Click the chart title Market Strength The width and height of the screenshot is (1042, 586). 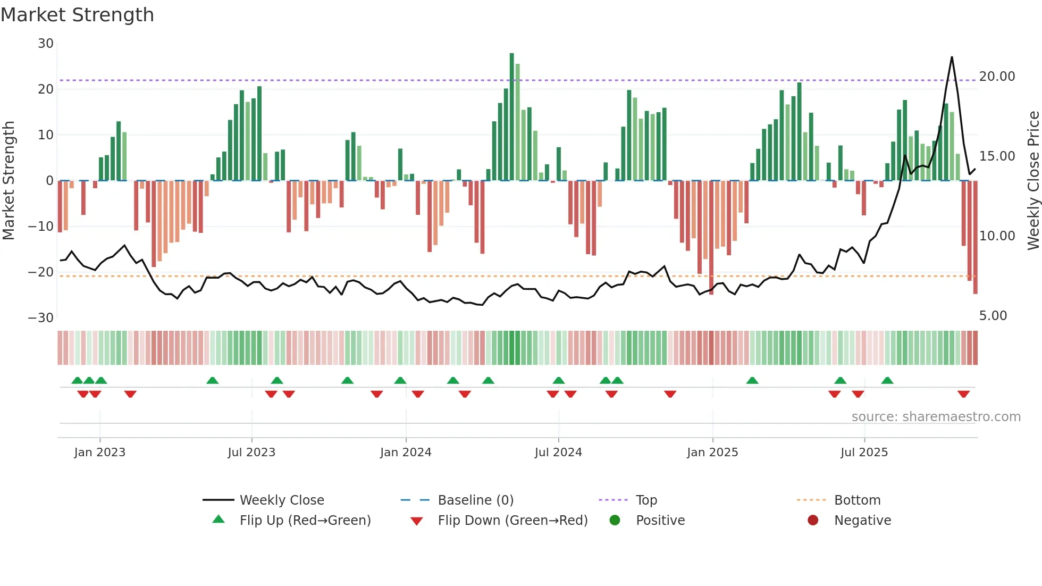77,15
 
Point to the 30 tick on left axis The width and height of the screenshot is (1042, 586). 46,44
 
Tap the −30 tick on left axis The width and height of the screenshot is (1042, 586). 41,318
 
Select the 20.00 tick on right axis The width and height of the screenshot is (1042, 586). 997,77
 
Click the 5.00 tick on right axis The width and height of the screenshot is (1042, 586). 993,316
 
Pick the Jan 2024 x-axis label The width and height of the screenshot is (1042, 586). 406,453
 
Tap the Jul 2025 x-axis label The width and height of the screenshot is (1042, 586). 864,453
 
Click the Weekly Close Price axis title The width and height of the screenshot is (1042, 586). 1033,181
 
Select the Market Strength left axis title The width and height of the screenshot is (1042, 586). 9,181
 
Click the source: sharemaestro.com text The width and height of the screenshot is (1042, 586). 936,417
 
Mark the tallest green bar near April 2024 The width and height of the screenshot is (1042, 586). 511,117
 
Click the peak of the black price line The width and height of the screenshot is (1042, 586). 952,57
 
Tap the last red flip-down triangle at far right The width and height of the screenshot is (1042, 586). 963,394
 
